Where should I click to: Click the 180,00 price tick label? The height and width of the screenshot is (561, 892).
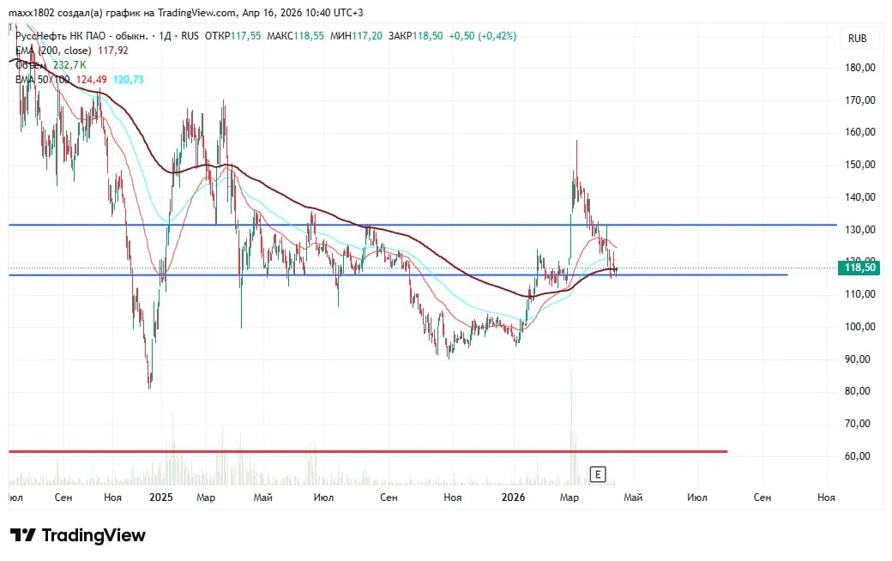point(859,68)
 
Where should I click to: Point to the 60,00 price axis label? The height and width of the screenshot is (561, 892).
point(859,456)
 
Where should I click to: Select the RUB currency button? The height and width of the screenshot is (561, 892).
point(857,39)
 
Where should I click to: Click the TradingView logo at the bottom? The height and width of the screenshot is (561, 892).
point(78,535)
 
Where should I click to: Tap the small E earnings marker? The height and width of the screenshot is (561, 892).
point(598,474)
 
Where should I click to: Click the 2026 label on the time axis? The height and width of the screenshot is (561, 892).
point(514,497)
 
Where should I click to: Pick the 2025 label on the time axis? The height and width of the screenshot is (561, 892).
point(160,497)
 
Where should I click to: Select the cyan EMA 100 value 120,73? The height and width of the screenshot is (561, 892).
point(128,79)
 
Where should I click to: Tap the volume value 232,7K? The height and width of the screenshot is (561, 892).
point(69,64)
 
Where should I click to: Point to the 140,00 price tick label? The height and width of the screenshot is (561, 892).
point(859,197)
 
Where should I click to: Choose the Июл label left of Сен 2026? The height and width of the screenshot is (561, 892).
point(697,497)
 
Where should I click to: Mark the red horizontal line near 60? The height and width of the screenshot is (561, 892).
point(369,450)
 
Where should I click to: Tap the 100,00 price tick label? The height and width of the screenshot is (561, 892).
point(859,327)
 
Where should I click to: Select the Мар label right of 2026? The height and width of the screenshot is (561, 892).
point(569,497)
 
